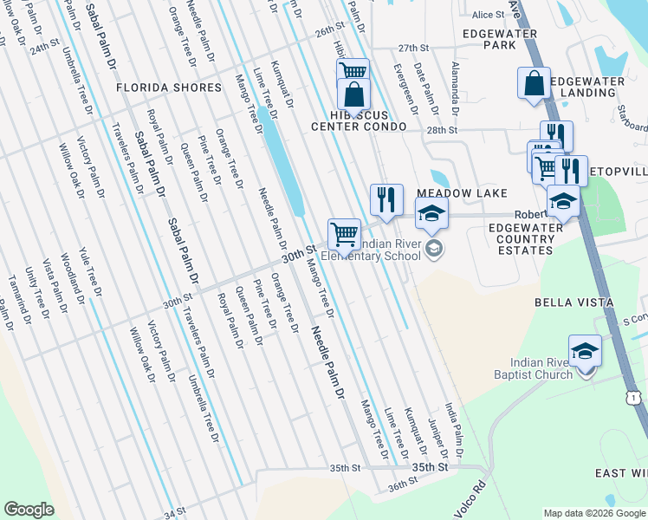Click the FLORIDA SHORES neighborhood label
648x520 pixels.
169,88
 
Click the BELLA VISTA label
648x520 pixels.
573,302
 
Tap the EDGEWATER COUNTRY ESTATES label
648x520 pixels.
521,238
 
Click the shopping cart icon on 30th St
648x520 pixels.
345,233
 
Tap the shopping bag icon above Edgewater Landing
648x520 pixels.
534,83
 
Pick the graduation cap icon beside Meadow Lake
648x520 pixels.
431,211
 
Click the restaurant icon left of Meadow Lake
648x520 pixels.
386,199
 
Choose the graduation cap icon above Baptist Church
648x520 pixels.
585,349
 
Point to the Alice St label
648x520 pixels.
488,15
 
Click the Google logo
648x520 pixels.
29,510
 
